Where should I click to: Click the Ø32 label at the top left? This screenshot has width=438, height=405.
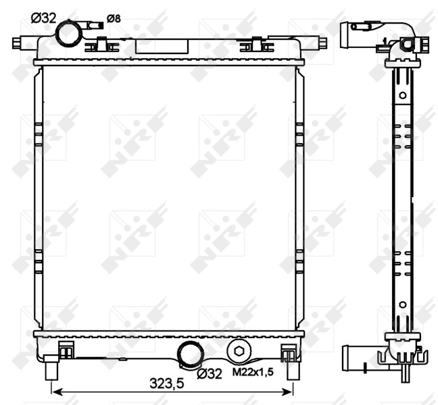click(x=44, y=18)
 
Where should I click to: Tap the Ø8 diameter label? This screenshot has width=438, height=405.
click(x=114, y=18)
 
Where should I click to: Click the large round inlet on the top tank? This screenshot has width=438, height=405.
click(x=68, y=32)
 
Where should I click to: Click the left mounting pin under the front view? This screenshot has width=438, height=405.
click(x=52, y=371)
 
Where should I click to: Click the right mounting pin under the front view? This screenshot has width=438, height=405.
click(x=293, y=371)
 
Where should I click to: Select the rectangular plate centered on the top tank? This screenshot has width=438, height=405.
click(x=162, y=46)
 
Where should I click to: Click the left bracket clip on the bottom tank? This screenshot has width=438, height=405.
click(x=66, y=351)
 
